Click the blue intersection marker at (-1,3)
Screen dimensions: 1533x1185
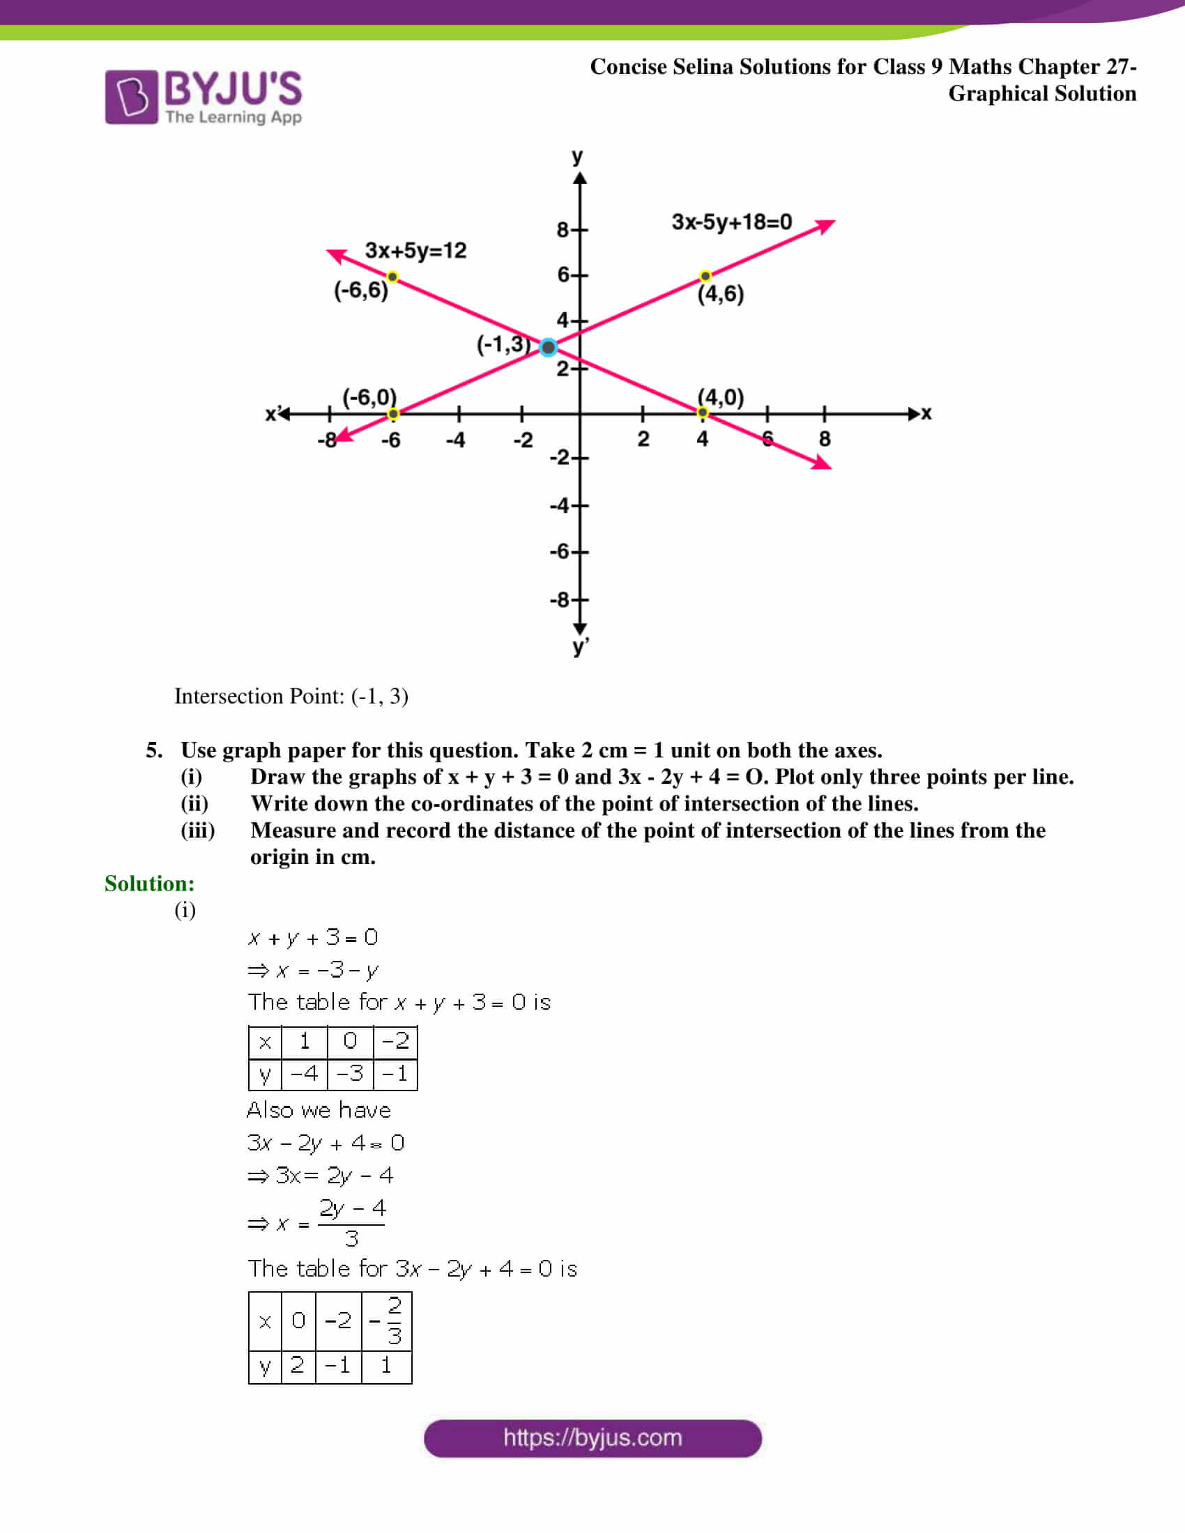tap(549, 347)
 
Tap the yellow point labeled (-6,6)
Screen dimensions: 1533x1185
tap(392, 277)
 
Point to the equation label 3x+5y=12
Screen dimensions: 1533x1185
tap(415, 251)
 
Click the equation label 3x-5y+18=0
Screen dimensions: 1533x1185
tap(731, 222)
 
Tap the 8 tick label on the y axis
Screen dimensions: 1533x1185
tap(563, 229)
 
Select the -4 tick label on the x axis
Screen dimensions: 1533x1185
tap(456, 440)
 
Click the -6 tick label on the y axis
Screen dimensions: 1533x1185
tap(560, 551)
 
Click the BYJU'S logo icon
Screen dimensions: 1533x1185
tap(131, 97)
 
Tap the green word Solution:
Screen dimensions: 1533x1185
tap(150, 883)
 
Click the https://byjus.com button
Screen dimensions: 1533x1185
tap(592, 1438)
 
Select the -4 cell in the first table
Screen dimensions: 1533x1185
tap(304, 1073)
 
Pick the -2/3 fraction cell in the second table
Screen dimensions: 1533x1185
tap(387, 1320)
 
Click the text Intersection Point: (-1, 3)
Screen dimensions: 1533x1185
tap(291, 695)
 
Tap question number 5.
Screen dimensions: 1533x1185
tap(154, 750)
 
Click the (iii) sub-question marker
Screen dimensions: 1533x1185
tap(198, 831)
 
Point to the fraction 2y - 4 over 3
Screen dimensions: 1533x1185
tap(352, 1224)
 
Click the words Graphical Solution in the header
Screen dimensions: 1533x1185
tap(1042, 93)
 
